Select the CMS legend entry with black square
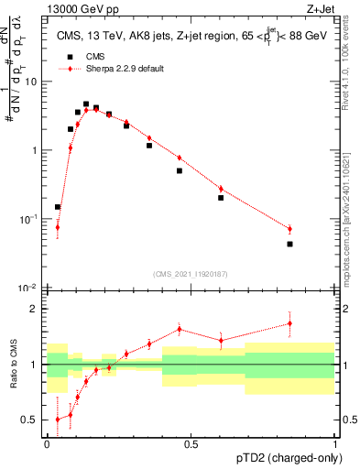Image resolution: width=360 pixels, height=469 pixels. [82, 56]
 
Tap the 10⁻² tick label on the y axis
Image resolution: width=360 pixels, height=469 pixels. [30, 289]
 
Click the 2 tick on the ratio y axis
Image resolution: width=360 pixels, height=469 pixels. [38, 309]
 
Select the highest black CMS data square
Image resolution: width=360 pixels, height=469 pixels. [86, 104]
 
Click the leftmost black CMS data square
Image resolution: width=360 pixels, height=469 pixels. [58, 207]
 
